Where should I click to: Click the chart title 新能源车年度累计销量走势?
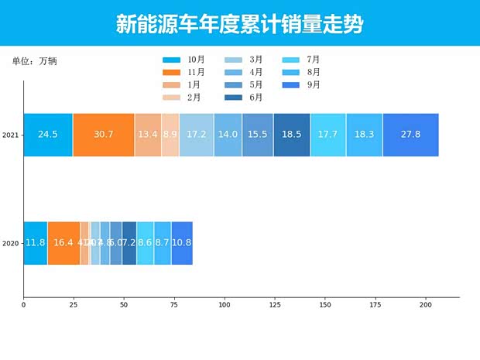[x=239, y=24]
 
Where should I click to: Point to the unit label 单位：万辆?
[x=35, y=60]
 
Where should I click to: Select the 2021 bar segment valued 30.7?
[x=103, y=135]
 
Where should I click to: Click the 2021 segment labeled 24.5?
[x=48, y=135]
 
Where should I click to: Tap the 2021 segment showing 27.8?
[x=410, y=135]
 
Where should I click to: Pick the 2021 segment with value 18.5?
[x=292, y=135]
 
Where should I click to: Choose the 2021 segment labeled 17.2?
[x=197, y=135]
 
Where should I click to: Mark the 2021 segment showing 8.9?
[x=170, y=135]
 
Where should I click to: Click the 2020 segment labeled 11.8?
[x=36, y=243]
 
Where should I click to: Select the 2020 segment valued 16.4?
[x=63, y=243]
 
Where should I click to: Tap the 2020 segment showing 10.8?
[x=182, y=243]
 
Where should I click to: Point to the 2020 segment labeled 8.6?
[x=145, y=243]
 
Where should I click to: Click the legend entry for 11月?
[x=184, y=72]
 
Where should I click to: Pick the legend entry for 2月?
[x=184, y=98]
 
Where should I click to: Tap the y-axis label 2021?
[x=10, y=135]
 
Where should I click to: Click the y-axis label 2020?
[x=10, y=244]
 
